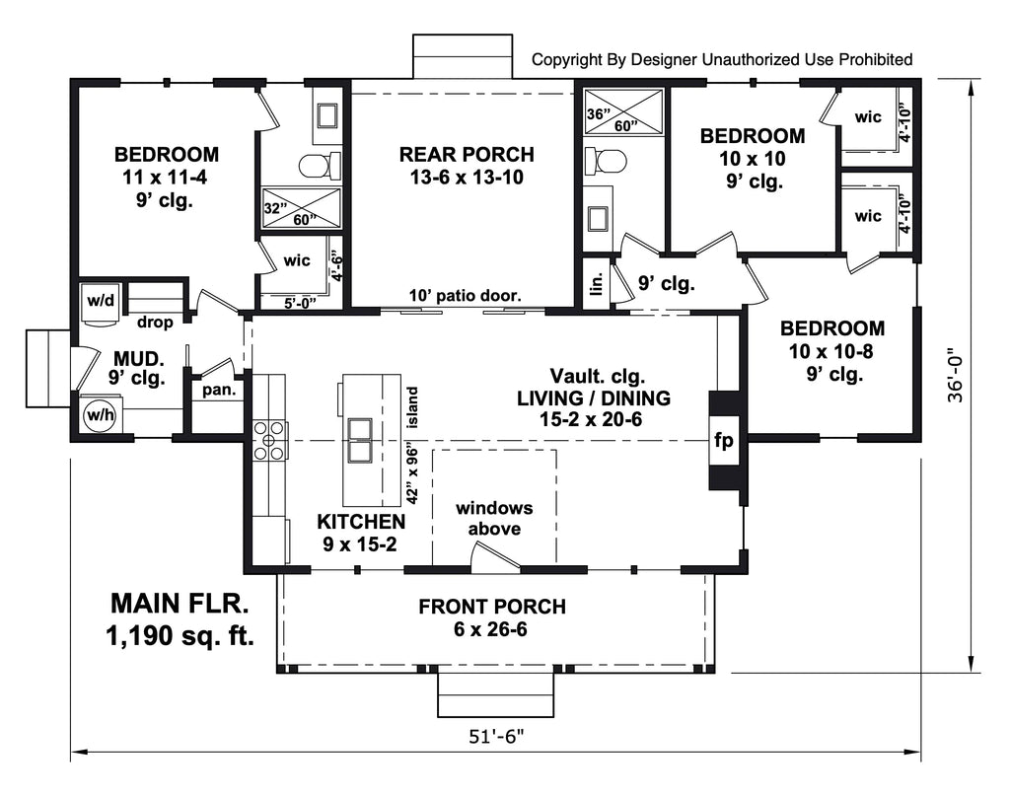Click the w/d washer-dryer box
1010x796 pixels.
(98, 299)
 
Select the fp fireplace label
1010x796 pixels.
(723, 441)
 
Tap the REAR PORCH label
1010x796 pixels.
(467, 155)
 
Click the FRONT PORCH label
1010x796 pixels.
(492, 607)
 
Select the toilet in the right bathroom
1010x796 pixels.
(607, 160)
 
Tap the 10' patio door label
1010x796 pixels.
(467, 295)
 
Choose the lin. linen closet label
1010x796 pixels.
(595, 283)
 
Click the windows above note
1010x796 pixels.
(493, 519)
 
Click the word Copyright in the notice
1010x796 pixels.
(567, 60)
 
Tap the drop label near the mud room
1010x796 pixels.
(156, 323)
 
